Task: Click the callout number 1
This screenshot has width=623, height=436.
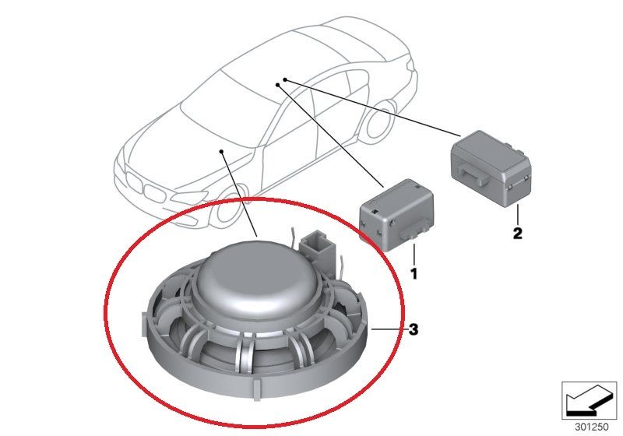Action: coord(414,273)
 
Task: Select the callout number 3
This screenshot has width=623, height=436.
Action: coord(414,330)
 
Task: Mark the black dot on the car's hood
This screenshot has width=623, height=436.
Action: coord(222,152)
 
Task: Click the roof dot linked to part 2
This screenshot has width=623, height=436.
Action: coord(286,79)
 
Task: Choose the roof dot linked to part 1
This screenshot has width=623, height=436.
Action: coord(278,86)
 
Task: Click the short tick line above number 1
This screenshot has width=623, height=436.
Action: coord(414,254)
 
